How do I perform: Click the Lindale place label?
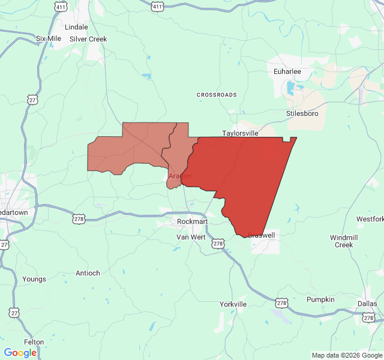click(76, 27)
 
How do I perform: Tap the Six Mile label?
click(49, 38)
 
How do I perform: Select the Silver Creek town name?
click(88, 39)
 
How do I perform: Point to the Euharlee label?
click(287, 71)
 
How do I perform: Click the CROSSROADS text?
click(217, 95)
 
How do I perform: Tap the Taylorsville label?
click(240, 133)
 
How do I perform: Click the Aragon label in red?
click(180, 176)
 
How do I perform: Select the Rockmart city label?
click(192, 221)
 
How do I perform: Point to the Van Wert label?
click(191, 237)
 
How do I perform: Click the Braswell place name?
click(261, 235)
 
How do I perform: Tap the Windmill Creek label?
click(344, 241)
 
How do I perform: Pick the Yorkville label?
click(233, 304)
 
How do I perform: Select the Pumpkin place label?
click(320, 299)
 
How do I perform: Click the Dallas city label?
click(367, 304)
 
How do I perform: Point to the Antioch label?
click(88, 273)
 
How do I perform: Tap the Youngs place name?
click(34, 279)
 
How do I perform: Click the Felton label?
click(34, 342)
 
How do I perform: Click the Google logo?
click(20, 353)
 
